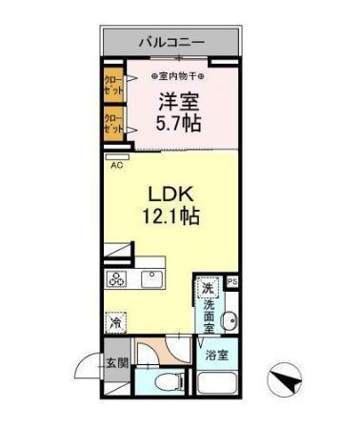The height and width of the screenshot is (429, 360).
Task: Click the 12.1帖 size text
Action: coord(172,216)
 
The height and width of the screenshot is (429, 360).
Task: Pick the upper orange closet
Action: coord(112,83)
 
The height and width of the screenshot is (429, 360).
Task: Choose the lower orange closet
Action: coord(112,122)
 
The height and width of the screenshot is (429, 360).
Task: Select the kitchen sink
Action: coord(150,280)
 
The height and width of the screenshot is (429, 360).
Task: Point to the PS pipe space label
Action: coord(231,282)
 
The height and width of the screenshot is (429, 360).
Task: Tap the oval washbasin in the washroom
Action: coord(229,320)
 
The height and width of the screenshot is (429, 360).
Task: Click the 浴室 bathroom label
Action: coord(217,357)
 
